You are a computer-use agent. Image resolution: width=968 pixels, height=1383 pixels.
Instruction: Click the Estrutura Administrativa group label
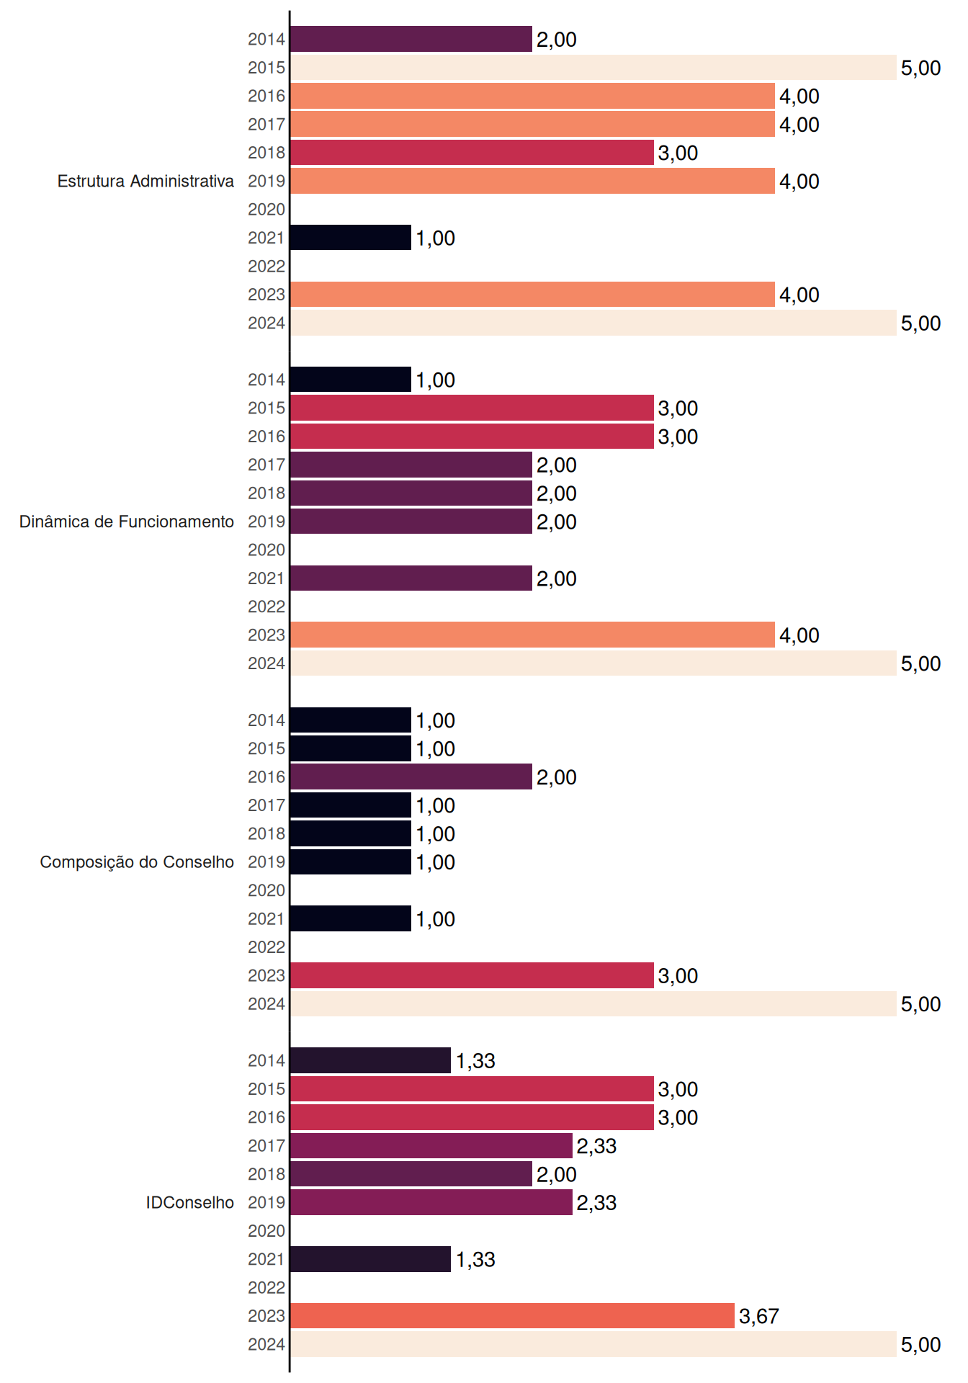pyautogui.click(x=145, y=181)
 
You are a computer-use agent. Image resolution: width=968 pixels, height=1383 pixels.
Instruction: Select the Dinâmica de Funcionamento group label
pyautogui.click(x=127, y=522)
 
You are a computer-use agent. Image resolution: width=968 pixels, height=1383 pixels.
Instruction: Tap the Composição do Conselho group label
pyautogui.click(x=137, y=862)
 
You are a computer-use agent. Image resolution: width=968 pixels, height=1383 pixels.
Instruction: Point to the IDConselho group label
pyautogui.click(x=190, y=1202)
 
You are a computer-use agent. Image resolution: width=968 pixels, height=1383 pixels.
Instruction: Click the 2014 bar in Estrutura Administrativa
pyautogui.click(x=411, y=39)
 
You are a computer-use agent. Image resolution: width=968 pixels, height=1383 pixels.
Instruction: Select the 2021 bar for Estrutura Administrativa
pyautogui.click(x=351, y=238)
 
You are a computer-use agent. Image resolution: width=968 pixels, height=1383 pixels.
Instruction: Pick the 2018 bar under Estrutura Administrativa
pyautogui.click(x=472, y=153)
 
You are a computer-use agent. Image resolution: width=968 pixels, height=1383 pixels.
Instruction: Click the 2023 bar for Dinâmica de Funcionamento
pyautogui.click(x=532, y=635)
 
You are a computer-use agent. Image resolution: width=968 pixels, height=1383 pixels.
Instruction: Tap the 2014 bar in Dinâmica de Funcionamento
pyautogui.click(x=351, y=380)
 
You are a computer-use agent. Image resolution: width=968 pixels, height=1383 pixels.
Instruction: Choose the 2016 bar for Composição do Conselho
pyautogui.click(x=411, y=776)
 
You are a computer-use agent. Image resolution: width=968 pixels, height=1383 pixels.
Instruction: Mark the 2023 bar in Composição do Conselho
pyautogui.click(x=472, y=975)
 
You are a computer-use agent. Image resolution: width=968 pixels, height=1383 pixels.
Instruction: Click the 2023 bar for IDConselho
pyautogui.click(x=512, y=1316)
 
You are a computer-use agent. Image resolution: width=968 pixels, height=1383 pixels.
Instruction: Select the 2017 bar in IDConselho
pyautogui.click(x=431, y=1145)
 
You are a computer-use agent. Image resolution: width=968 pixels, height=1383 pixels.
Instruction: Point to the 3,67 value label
pyautogui.click(x=759, y=1317)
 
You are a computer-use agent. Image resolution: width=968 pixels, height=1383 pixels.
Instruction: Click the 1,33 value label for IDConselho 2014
pyautogui.click(x=475, y=1061)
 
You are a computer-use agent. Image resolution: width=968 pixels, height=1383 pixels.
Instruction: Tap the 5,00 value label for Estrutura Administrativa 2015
pyautogui.click(x=921, y=68)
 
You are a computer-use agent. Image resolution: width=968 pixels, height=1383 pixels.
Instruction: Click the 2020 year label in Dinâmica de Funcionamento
pyautogui.click(x=266, y=550)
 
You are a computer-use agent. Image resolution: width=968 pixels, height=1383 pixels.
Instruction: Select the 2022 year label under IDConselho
pyautogui.click(x=266, y=1287)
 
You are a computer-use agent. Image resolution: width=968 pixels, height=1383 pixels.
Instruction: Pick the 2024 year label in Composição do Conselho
pyautogui.click(x=266, y=1003)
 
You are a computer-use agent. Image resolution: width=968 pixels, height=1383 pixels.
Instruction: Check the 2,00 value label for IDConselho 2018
pyautogui.click(x=557, y=1175)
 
